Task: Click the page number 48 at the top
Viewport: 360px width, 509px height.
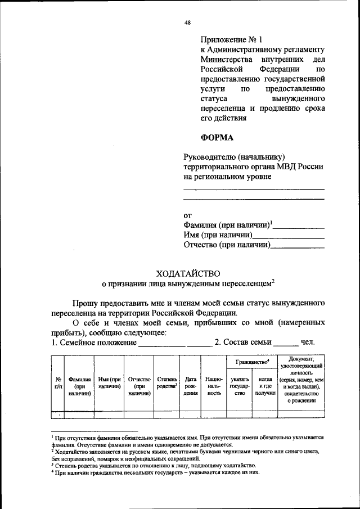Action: coord(188,22)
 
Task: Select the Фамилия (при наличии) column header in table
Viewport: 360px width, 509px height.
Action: coord(79,387)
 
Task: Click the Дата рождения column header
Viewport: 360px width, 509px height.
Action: coord(190,387)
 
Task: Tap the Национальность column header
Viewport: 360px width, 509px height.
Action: coord(213,387)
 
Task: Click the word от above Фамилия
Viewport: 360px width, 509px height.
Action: coord(188,215)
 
